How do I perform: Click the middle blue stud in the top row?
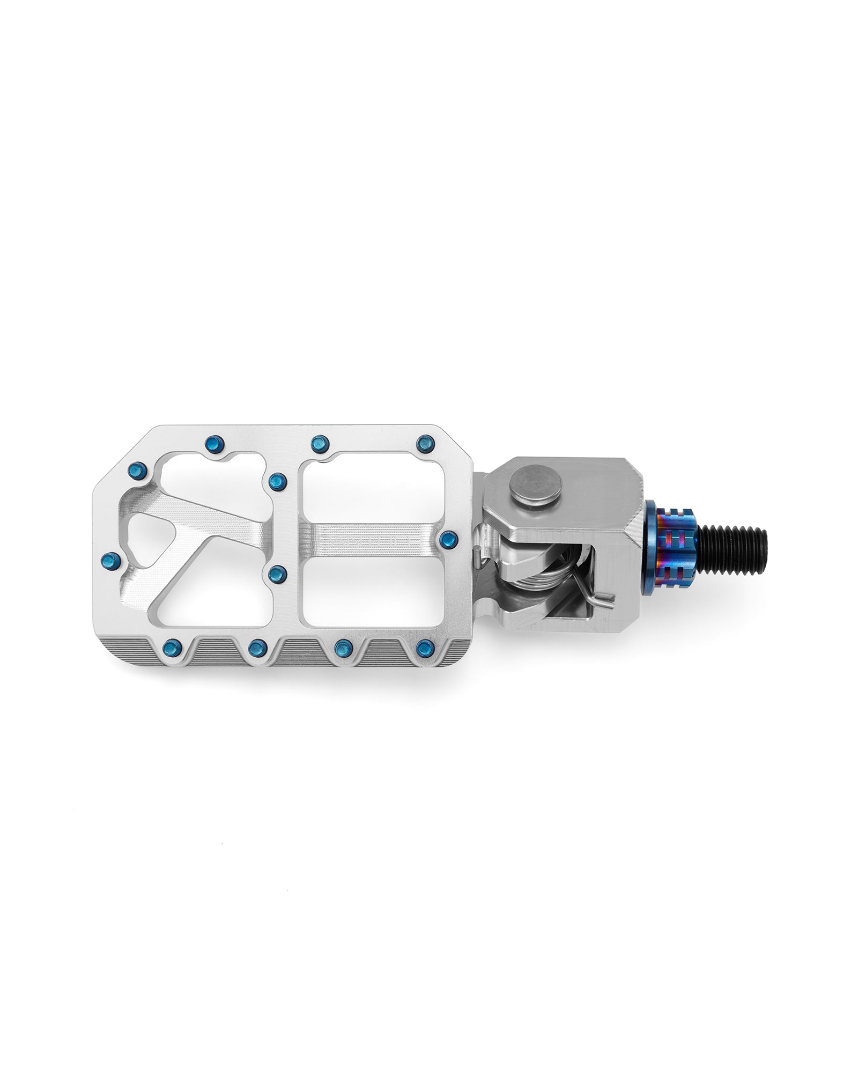tap(319, 442)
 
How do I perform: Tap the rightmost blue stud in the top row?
tap(425, 443)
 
